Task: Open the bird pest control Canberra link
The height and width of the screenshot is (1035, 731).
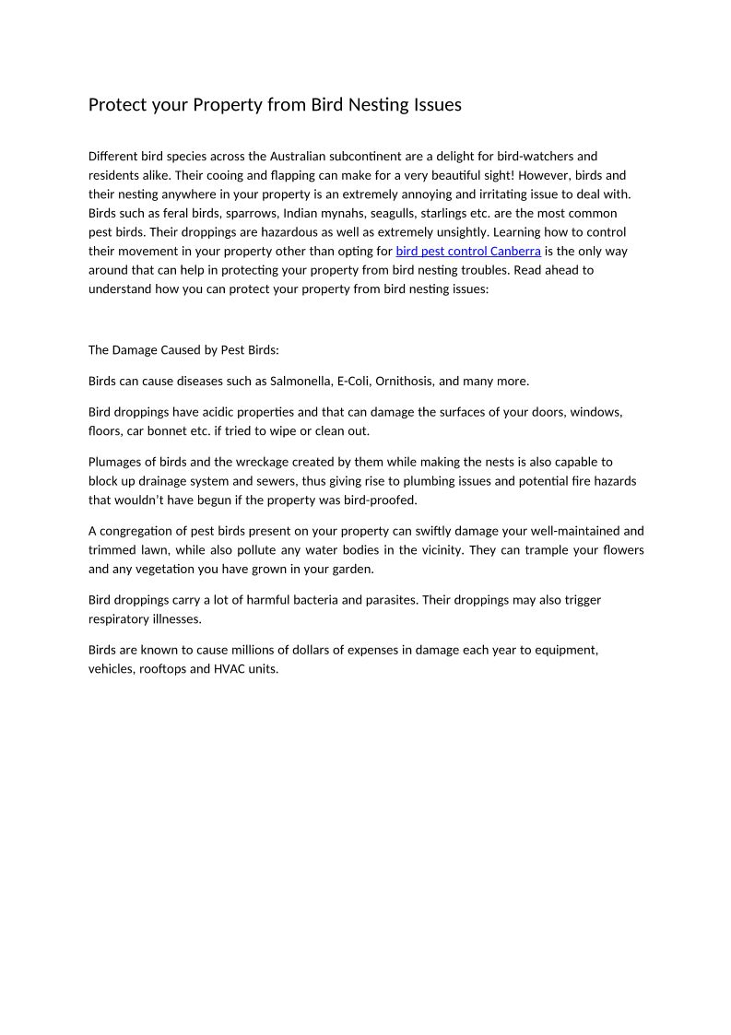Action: (x=468, y=251)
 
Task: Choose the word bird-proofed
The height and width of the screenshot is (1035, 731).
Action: (x=383, y=500)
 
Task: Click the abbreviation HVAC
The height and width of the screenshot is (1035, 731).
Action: (x=228, y=669)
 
